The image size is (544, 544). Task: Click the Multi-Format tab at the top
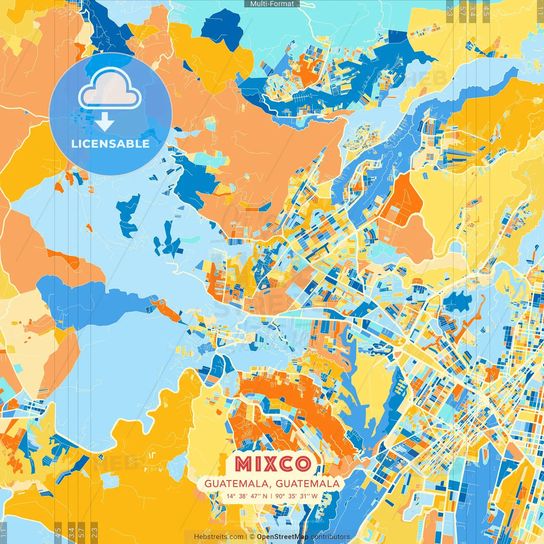click(x=272, y=4)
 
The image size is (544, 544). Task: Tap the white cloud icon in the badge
click(x=110, y=88)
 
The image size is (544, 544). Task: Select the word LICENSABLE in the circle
click(x=110, y=144)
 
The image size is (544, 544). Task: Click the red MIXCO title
click(x=272, y=464)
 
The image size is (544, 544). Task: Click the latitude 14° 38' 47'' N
click(x=247, y=496)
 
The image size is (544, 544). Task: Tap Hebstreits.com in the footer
click(x=218, y=537)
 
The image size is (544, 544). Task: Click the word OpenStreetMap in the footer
click(x=283, y=537)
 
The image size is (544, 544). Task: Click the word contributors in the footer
click(x=330, y=537)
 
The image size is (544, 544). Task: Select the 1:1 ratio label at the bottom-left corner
click(x=4, y=533)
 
